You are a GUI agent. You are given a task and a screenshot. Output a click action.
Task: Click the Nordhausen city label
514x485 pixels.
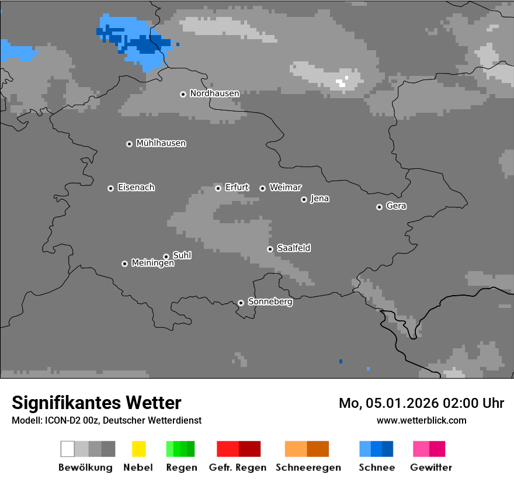point(214,93)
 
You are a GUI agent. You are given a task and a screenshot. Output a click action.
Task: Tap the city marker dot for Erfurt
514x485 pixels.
point(218,188)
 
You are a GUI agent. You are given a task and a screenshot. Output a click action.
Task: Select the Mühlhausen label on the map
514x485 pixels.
point(161,143)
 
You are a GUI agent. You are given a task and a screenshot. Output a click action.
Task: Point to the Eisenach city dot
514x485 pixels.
point(110,188)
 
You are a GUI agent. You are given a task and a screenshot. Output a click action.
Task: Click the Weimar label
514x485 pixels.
point(285,188)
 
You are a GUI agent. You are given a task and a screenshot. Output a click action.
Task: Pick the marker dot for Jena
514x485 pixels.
point(304,199)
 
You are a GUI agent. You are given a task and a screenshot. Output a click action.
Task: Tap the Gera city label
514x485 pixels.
point(396,206)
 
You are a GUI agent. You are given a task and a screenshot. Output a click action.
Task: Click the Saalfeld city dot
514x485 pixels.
point(270,249)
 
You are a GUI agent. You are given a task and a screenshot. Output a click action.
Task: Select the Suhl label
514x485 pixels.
point(182,255)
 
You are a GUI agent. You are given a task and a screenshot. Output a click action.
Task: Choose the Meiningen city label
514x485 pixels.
point(152,264)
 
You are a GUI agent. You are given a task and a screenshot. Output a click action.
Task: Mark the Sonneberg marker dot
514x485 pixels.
point(241,303)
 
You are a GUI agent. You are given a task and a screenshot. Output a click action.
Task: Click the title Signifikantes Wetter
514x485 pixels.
point(96,403)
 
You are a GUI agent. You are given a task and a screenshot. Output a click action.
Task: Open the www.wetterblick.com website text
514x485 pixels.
point(421,420)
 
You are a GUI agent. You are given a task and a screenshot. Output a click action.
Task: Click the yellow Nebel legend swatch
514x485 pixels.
point(138,449)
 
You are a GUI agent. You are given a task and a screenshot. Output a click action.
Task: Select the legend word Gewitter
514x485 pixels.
point(430,467)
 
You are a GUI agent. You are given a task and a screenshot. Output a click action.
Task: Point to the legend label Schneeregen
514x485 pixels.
point(308,467)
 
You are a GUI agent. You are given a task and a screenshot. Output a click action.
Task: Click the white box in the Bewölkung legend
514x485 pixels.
point(67,449)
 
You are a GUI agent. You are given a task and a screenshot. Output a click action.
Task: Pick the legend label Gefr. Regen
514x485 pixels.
point(238,467)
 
